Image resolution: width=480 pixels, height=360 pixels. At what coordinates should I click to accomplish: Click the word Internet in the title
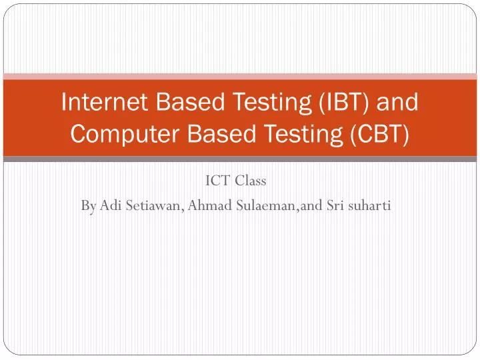tap(104, 103)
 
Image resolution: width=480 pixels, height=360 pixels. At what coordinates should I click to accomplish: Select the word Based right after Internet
tap(186, 103)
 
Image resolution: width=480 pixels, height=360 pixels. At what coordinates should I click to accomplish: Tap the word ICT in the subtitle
tap(215, 181)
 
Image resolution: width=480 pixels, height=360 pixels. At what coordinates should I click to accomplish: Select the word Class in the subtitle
tap(251, 181)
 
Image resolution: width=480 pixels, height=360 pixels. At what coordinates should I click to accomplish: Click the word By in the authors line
tap(89, 206)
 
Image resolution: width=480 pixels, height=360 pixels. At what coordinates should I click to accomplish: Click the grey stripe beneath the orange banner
tap(240, 159)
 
